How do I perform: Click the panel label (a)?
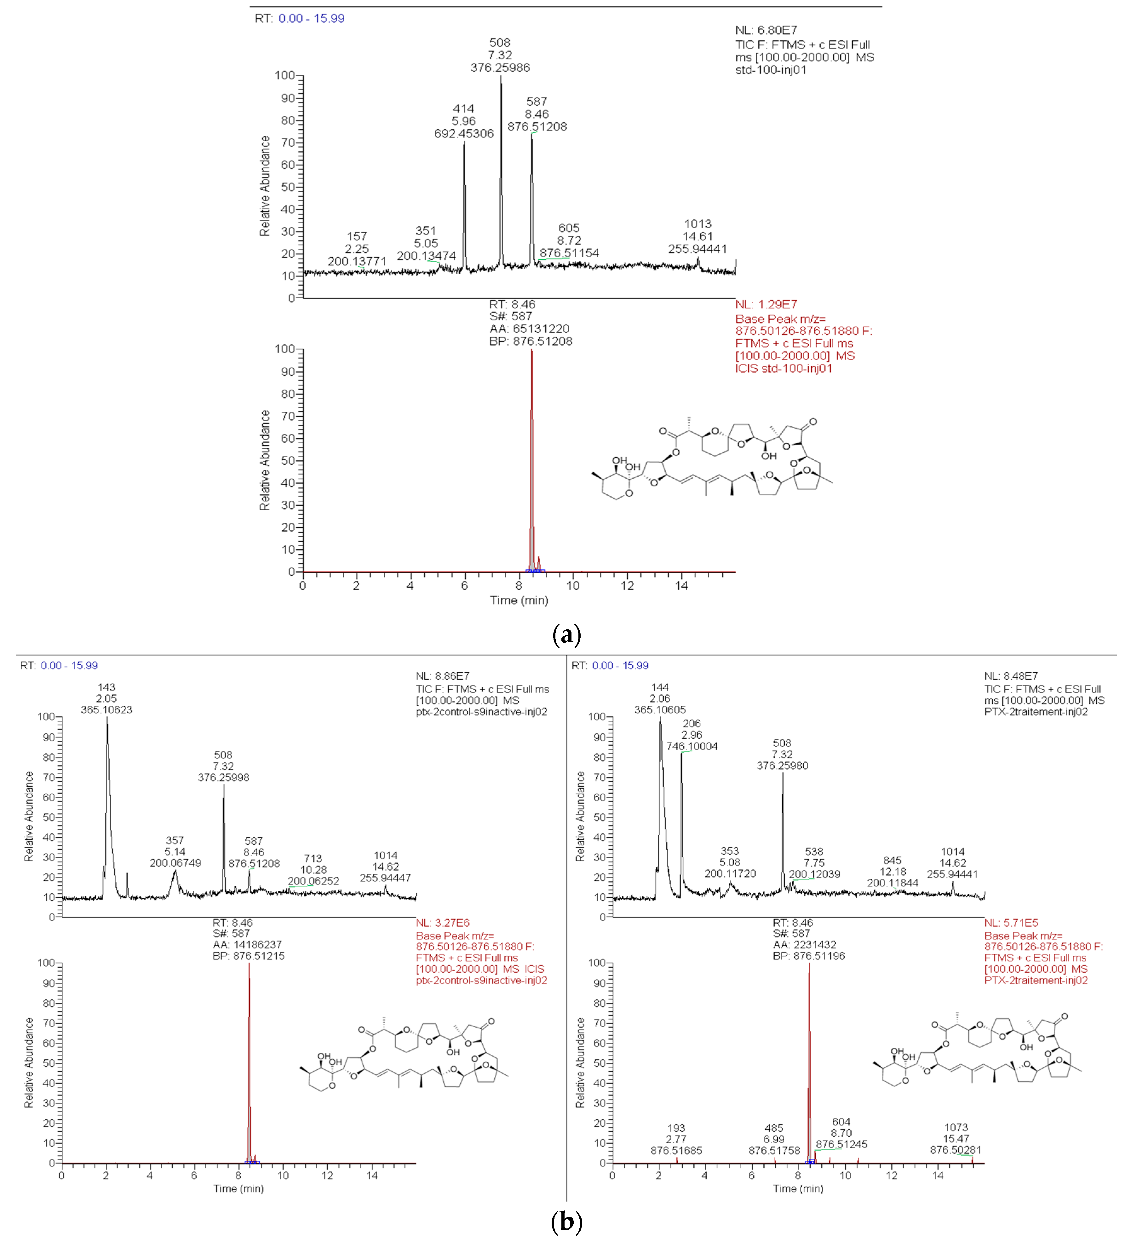pyautogui.click(x=566, y=634)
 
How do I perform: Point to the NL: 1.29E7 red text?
pyautogui.click(x=766, y=304)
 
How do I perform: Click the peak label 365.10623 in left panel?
pyautogui.click(x=106, y=710)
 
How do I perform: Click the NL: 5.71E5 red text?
pyautogui.click(x=1011, y=923)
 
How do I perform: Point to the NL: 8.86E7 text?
pyautogui.click(x=443, y=676)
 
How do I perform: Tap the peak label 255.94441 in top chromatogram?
pyautogui.click(x=698, y=249)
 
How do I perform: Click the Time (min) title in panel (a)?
pyautogui.click(x=519, y=600)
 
